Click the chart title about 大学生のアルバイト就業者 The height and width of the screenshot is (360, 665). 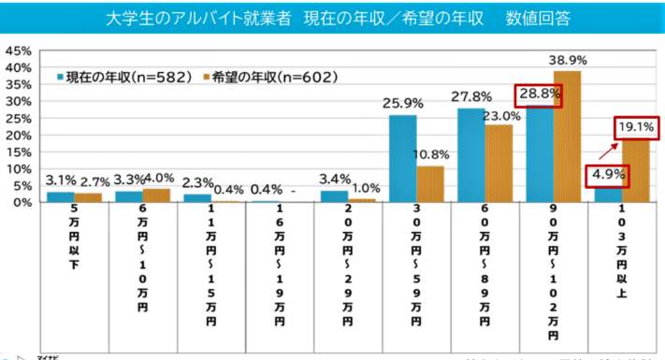coord(333,18)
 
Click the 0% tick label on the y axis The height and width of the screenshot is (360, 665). coord(23,202)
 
